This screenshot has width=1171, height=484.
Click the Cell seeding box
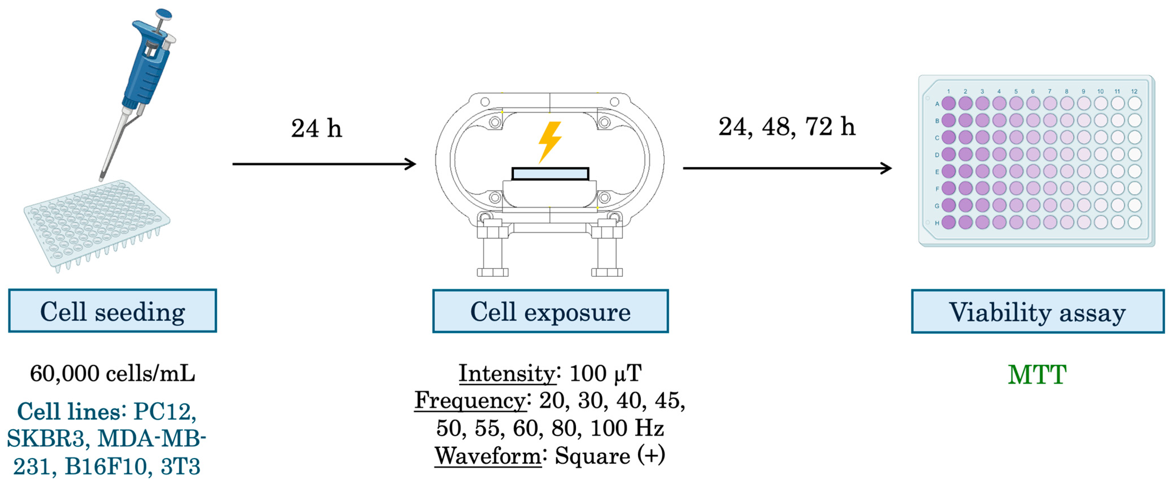(112, 311)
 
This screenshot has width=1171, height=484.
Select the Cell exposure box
(550, 312)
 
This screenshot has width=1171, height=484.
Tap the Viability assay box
(1037, 312)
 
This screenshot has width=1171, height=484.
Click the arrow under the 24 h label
(324, 164)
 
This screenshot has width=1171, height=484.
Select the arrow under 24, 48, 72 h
(786, 168)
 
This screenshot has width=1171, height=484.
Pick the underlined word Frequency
(470, 401)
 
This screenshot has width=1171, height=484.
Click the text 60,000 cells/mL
(112, 374)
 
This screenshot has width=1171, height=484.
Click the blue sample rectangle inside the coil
(550, 174)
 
